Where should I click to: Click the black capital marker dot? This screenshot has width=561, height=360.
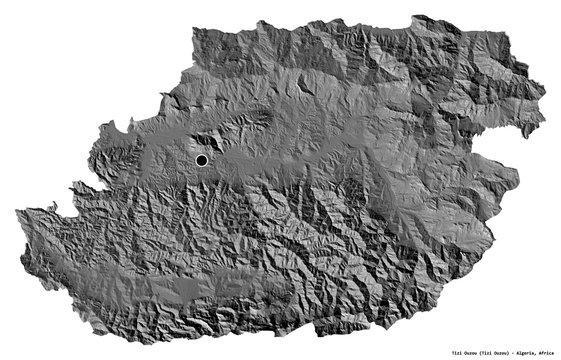(x=201, y=160)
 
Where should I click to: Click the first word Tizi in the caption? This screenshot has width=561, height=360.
(x=405, y=352)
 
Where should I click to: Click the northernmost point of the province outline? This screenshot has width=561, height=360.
(x=270, y=15)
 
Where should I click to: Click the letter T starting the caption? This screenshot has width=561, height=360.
(x=399, y=352)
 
